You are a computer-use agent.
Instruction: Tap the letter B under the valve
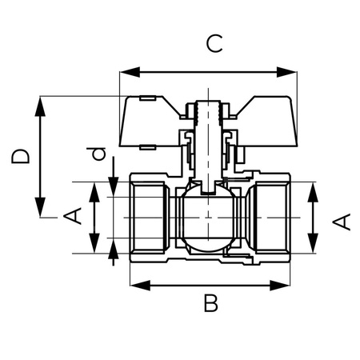[210, 303]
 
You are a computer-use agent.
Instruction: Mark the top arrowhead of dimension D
[39, 103]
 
